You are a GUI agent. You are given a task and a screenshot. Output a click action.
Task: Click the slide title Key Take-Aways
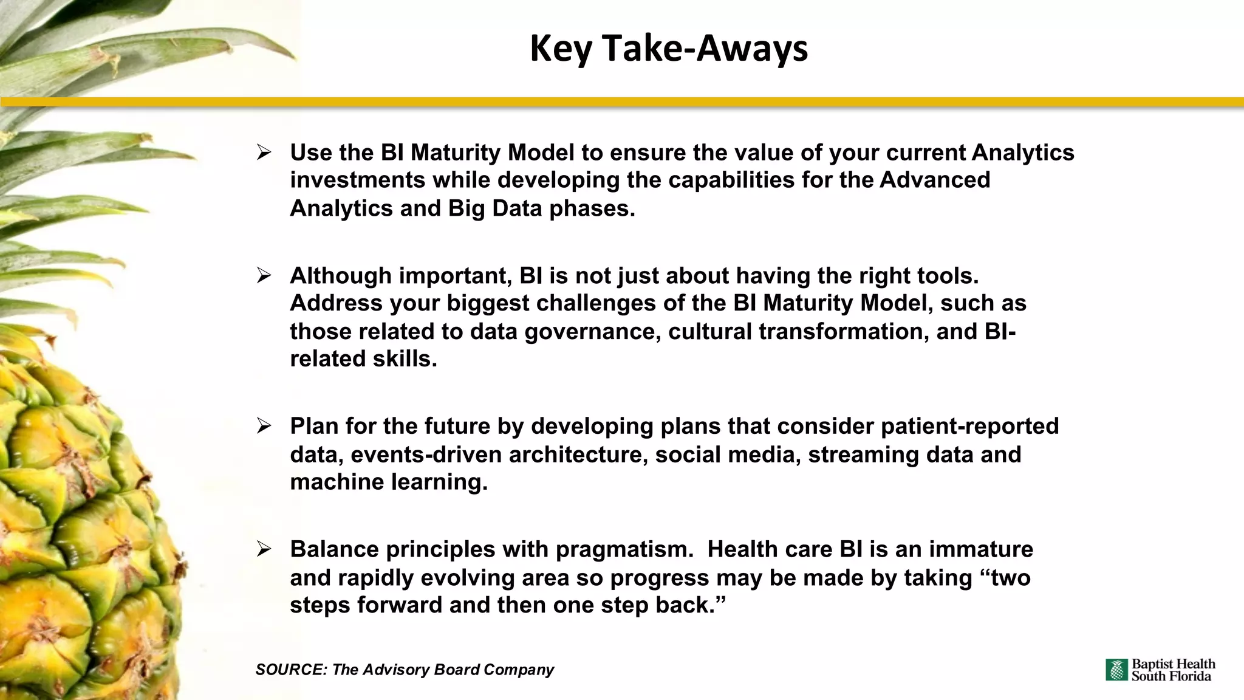669,49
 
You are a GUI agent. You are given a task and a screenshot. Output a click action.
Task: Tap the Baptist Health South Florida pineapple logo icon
1116,670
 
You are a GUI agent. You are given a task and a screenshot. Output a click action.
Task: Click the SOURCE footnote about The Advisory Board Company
405,670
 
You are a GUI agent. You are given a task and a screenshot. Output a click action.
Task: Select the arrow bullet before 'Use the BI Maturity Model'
264,153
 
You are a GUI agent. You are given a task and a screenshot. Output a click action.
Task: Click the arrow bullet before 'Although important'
264,276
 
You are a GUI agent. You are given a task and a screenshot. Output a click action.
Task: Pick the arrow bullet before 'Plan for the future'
264,426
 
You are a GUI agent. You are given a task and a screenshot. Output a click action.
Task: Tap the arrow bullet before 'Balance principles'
264,549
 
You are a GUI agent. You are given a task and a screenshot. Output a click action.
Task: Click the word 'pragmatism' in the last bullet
624,549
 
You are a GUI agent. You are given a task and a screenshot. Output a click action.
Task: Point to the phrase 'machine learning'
389,482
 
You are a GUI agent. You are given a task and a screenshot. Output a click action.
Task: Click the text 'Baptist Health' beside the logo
1173,664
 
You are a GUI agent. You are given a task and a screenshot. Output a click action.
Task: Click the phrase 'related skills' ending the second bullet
363,359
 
